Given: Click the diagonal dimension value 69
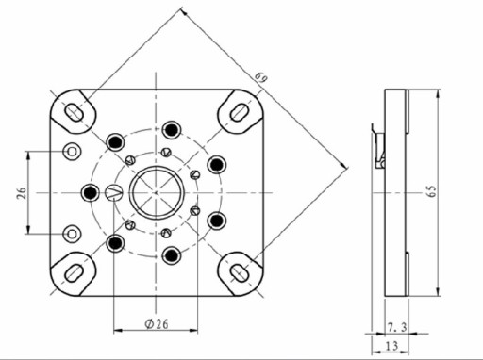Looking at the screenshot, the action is [x=261, y=77].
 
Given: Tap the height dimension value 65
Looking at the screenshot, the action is [x=432, y=191].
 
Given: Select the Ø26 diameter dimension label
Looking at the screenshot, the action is [x=157, y=323].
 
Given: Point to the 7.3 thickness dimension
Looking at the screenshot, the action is [x=397, y=327].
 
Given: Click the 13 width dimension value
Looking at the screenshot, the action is [x=391, y=346].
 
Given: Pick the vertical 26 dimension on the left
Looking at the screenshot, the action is [x=22, y=193].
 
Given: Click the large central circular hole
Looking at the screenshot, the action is [x=157, y=192].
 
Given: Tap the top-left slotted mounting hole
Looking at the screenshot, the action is [x=74, y=111].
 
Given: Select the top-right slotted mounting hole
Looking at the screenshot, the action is [x=240, y=111].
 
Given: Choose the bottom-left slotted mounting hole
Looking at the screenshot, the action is [x=74, y=273].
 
